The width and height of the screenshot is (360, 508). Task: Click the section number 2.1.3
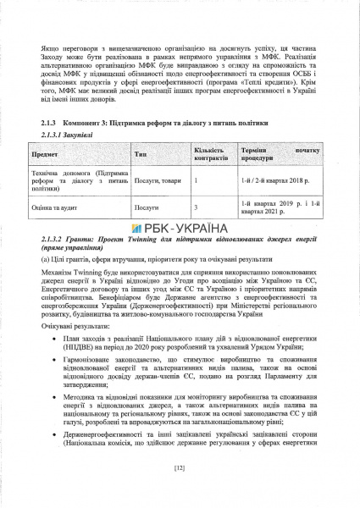[x=49, y=123]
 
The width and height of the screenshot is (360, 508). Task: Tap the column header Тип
[x=141, y=156]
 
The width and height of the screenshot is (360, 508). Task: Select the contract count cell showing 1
[x=197, y=180]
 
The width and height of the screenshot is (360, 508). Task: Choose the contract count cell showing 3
[x=197, y=206]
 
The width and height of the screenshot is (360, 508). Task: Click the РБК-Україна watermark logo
[x=180, y=228]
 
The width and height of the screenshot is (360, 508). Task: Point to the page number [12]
[x=179, y=467]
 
